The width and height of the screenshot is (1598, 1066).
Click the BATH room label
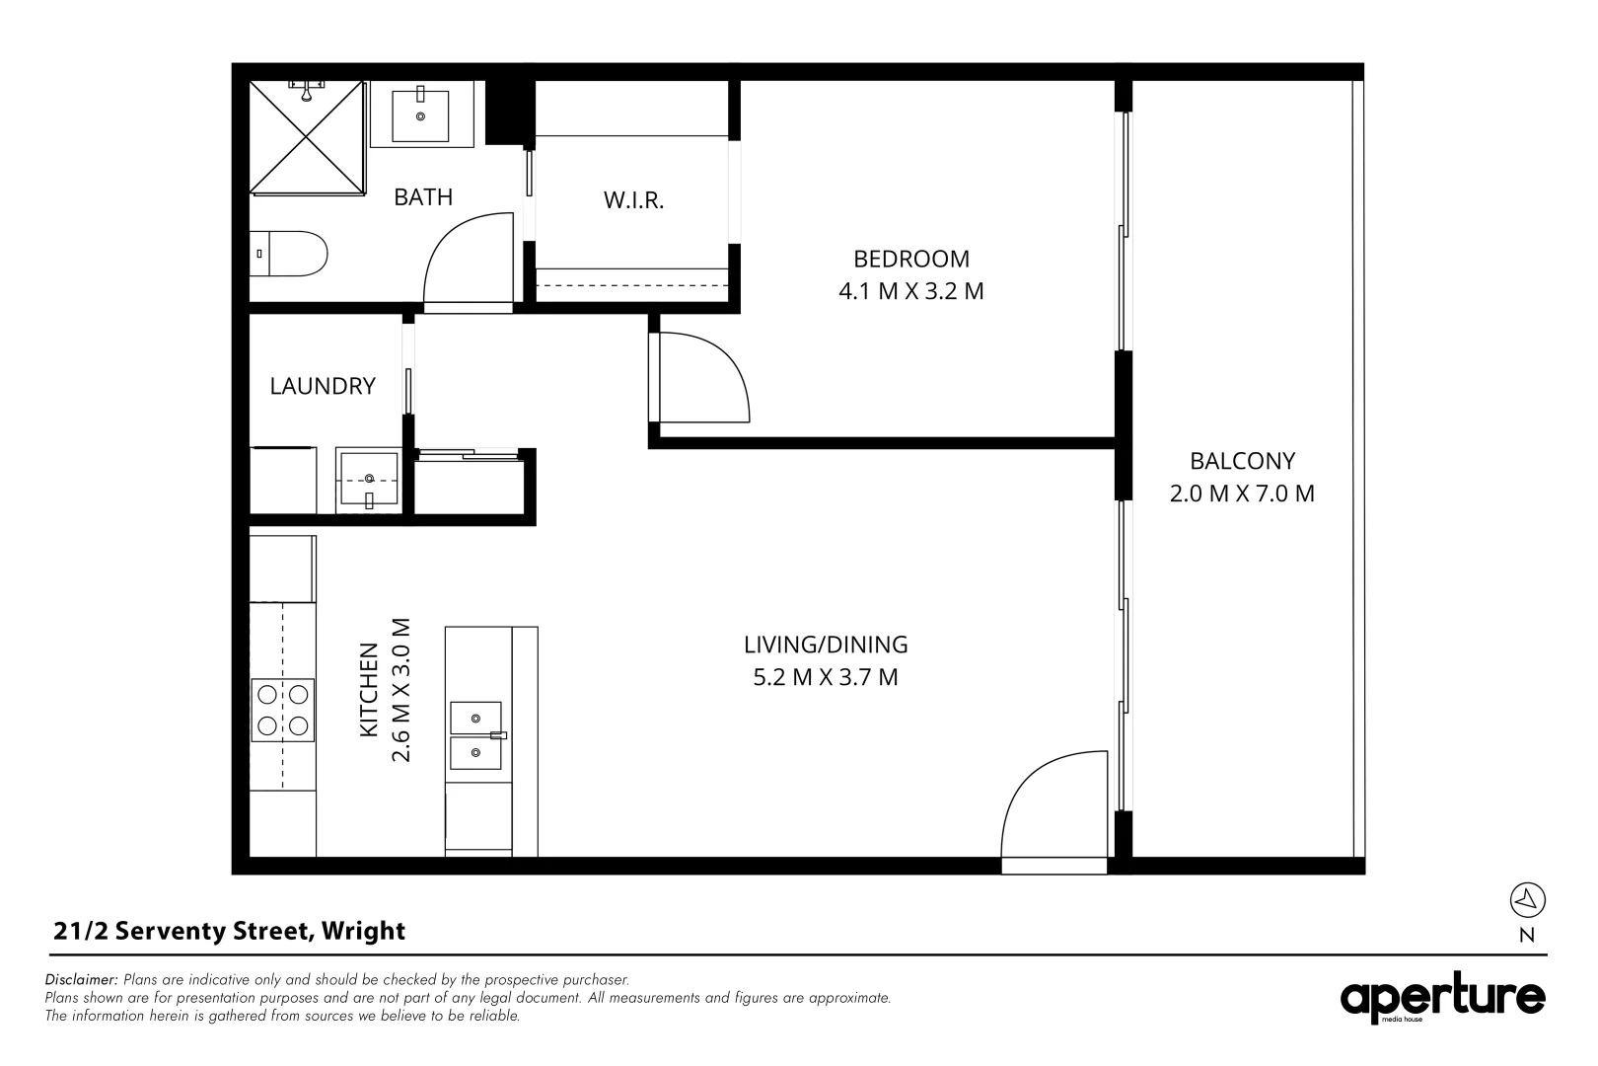tap(423, 197)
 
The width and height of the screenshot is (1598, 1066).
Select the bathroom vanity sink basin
tap(421, 115)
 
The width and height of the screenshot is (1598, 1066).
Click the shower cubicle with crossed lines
tap(307, 137)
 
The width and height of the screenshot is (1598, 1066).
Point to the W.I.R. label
tap(633, 201)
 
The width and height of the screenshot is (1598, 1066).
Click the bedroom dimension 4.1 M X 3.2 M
tap(910, 292)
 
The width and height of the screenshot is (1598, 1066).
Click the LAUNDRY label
tap(323, 386)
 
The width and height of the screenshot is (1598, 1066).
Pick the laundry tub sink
tap(369, 481)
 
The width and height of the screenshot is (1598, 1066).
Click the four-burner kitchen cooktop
tap(284, 710)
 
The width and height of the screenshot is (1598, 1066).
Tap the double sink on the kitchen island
tap(476, 735)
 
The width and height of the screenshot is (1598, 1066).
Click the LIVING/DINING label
tap(826, 645)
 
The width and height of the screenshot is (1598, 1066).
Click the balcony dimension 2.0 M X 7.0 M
tap(1242, 494)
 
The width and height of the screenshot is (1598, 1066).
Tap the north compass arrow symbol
tap(1527, 899)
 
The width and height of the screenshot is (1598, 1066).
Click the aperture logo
tap(1442, 999)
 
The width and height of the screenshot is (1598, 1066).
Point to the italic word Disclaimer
tap(82, 980)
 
